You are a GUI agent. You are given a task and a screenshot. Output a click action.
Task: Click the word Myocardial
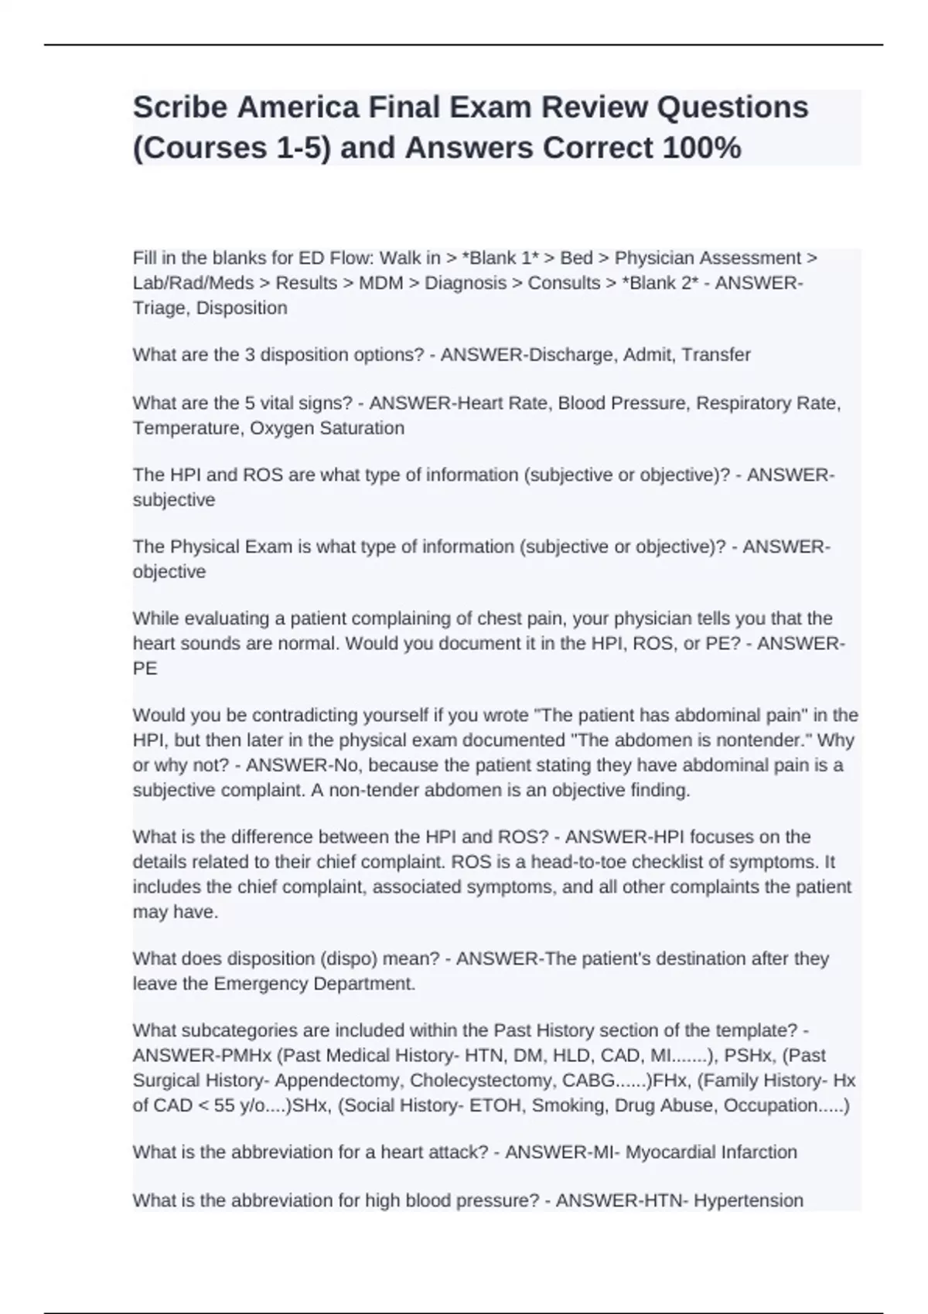(670, 1152)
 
